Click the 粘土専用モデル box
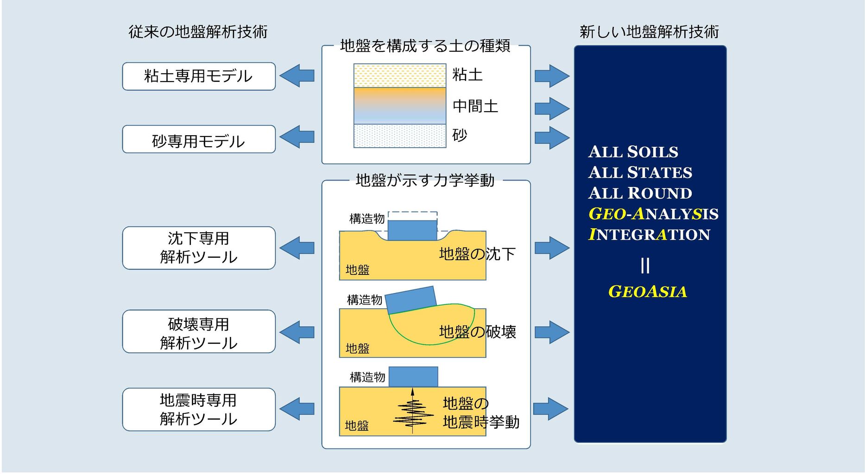pos(199,76)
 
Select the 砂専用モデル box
pos(199,139)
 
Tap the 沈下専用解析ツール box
pos(199,248)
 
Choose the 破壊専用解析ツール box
pos(199,331)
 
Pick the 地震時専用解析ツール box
pos(199,410)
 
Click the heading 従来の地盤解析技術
pos(198,31)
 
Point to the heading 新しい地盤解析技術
pos(649,31)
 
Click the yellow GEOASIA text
pos(647,292)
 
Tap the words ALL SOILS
pos(633,152)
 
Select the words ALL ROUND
pos(640,193)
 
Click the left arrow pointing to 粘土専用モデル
pos(297,75)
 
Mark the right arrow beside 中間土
pos(552,109)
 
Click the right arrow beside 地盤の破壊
pos(552,332)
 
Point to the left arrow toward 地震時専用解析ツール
pos(297,409)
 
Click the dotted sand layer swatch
pos(400,136)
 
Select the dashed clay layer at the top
pos(400,75)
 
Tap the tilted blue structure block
pos(411,300)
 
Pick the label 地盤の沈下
pos(477,254)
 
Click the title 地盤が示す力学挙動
pos(425,180)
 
